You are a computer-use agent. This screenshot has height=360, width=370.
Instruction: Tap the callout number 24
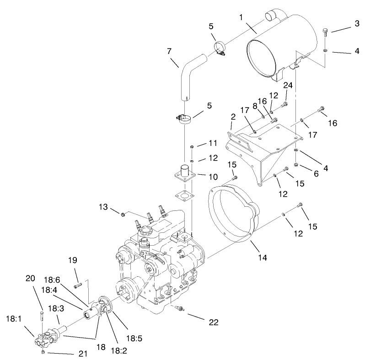click(x=287, y=86)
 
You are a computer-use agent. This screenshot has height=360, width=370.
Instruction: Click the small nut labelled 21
click(x=43, y=353)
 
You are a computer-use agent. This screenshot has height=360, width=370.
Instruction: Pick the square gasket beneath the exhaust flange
click(x=185, y=198)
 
